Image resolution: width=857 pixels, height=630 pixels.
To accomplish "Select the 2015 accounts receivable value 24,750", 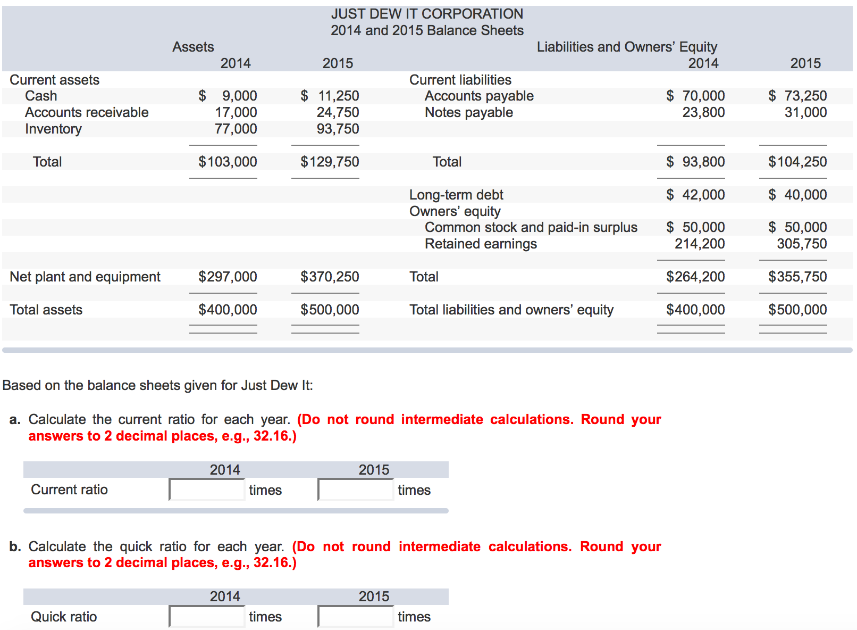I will point(338,112).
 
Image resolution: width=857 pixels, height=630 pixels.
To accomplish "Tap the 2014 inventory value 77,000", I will point(236,129).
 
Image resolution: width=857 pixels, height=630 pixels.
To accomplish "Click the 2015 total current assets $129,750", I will point(330,162).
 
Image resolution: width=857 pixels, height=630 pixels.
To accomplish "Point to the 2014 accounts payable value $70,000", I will point(695,96).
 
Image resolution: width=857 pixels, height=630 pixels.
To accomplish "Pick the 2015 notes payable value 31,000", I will point(805,112).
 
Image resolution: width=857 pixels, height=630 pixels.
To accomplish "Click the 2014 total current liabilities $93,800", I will point(695,162).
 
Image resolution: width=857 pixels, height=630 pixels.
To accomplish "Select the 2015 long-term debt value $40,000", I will point(797,195).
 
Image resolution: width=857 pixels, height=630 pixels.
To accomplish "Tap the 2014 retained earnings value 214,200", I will point(700,244).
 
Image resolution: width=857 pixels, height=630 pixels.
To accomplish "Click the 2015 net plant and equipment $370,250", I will point(330,277).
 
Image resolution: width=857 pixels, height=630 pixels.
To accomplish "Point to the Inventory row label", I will point(53,129).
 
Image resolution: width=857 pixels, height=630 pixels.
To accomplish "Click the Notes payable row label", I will point(468,112).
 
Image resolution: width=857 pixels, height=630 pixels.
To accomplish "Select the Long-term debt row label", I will point(456,195).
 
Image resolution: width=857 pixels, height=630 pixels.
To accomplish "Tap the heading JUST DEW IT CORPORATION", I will point(427,14).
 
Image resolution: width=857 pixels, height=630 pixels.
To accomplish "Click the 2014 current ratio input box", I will point(207,490).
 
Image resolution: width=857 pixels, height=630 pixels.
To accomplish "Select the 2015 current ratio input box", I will point(356,490).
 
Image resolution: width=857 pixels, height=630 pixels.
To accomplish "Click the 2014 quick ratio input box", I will point(207,617).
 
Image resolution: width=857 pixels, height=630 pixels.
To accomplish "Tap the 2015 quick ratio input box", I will point(356,617).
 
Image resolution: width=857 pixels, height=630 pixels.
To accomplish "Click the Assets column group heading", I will point(193,47).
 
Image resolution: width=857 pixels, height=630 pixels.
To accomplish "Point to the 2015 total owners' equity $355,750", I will point(797,277).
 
